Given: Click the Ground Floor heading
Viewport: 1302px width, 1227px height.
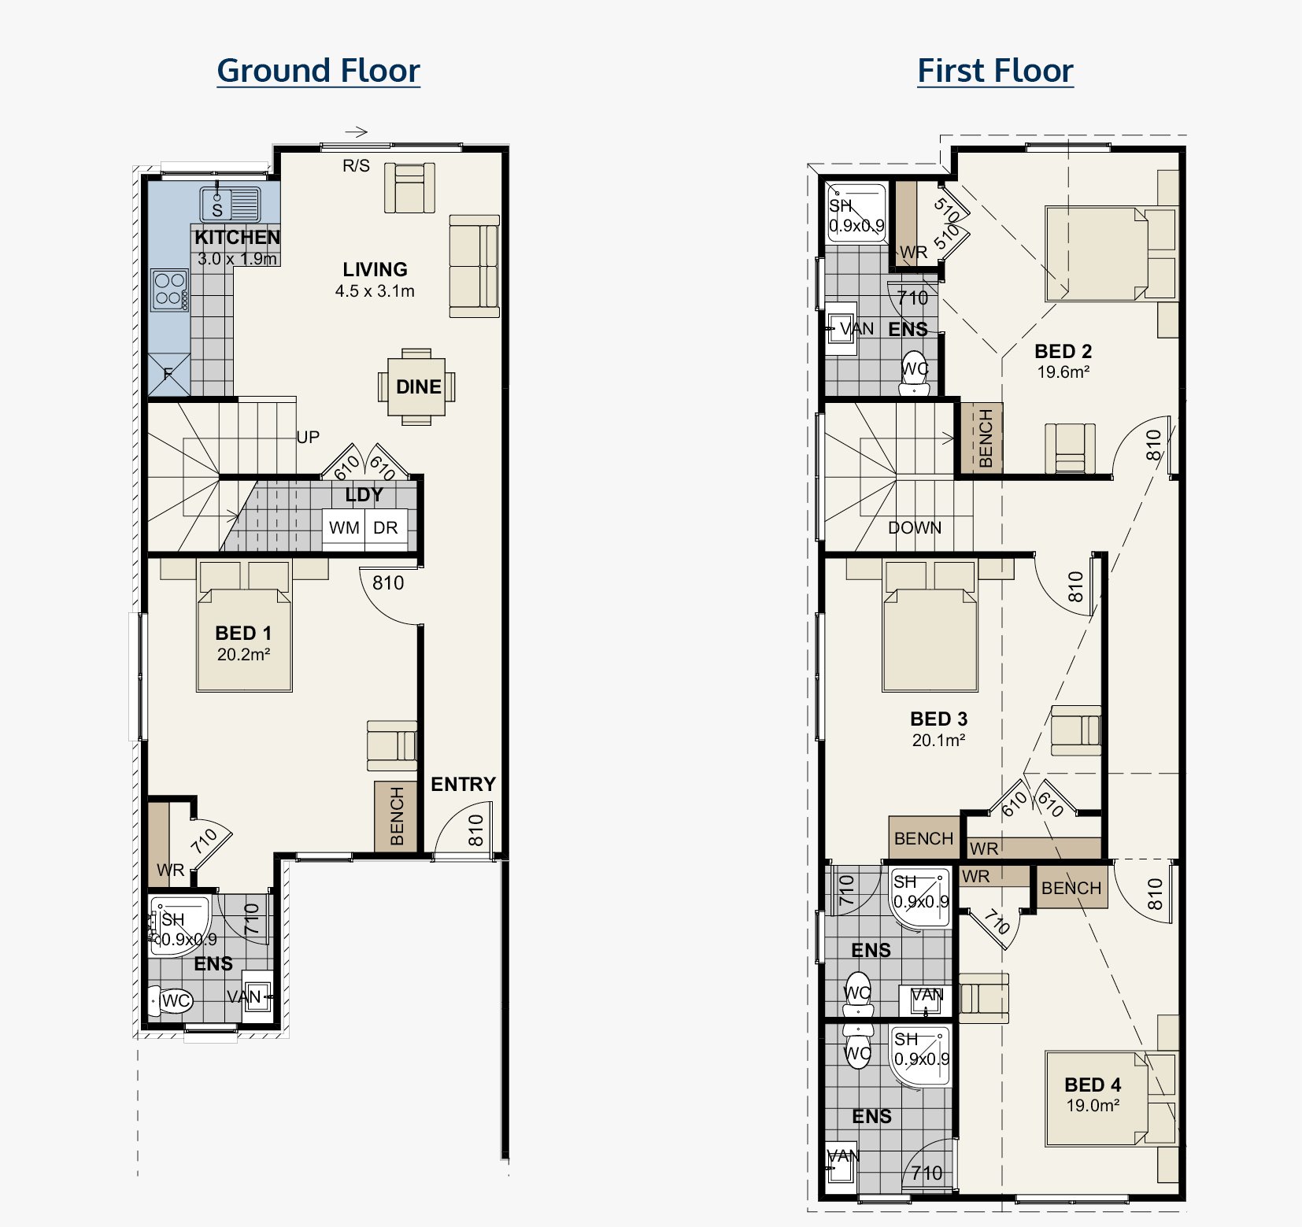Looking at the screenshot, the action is click(x=318, y=71).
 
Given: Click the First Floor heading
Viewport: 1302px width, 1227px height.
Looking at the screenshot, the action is click(x=995, y=71).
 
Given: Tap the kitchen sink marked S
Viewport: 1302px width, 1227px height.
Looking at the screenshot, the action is click(x=229, y=203).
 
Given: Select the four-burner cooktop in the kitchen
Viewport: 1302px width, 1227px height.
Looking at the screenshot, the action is click(x=170, y=290).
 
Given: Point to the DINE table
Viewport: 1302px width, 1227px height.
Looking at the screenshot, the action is click(x=416, y=386).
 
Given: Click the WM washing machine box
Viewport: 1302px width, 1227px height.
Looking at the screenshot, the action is click(x=344, y=527).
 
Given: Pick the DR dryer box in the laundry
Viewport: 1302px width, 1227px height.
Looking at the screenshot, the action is click(x=386, y=527).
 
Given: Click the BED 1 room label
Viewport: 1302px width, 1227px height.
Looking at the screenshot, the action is click(x=243, y=634).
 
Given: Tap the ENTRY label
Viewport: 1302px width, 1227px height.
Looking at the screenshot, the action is click(x=463, y=784).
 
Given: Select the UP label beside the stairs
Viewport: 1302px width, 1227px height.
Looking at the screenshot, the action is click(x=308, y=437).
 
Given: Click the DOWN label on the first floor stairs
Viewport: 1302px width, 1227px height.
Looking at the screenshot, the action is click(x=915, y=527).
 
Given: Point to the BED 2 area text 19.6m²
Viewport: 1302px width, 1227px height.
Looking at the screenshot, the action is click(x=1063, y=371).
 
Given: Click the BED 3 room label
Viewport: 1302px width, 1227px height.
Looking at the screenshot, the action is click(x=938, y=719).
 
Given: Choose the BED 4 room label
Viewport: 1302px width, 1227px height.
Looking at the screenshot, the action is click(x=1093, y=1085).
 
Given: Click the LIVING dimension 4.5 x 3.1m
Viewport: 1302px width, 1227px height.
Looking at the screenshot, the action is click(x=375, y=290).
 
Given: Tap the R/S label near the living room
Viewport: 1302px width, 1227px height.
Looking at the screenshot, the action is click(x=356, y=165).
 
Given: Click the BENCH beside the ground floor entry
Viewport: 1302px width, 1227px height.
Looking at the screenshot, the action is click(x=396, y=816).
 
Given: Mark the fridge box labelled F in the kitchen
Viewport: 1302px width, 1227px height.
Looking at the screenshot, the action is click(x=168, y=374).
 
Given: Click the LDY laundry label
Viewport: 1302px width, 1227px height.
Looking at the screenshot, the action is click(x=364, y=495).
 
